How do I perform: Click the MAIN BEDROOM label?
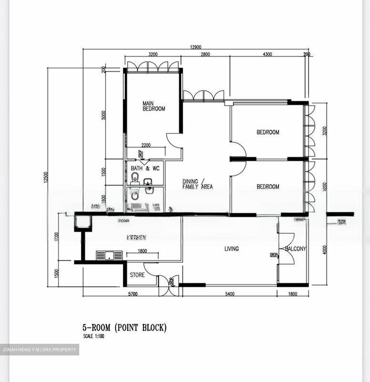154,106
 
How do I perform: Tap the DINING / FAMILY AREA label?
197,184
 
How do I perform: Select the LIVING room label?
231,249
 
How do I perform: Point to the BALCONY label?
296,249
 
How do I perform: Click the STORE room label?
137,275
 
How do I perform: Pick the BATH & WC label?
145,168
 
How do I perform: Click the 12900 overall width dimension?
196,47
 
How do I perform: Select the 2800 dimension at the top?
205,54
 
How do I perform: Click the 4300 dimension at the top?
267,54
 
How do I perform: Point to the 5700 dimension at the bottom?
133,294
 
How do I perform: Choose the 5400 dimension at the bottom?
230,294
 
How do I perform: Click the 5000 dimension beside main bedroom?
104,115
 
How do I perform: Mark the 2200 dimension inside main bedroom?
146,145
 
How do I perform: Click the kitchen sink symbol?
109,255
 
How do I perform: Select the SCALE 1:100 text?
94,336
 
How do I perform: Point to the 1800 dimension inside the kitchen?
142,251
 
